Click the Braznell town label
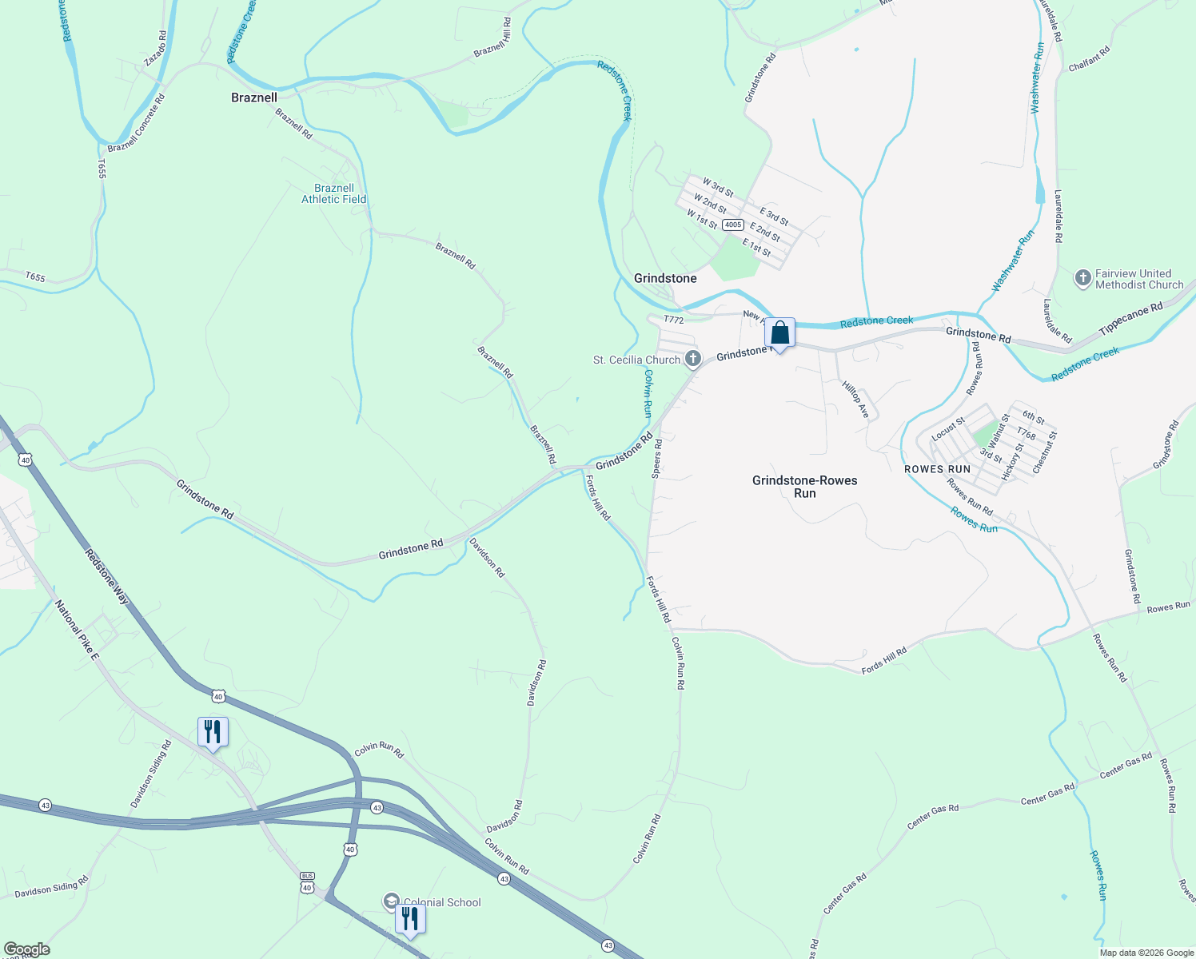(254, 97)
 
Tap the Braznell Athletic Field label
(333, 193)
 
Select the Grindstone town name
(665, 278)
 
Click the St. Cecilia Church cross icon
(692, 359)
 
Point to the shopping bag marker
(779, 332)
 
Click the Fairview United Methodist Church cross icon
(1082, 278)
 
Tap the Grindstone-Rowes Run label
(804, 487)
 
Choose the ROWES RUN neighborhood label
(937, 469)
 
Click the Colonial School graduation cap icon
(391, 901)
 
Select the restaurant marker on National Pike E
(213, 732)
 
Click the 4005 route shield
(733, 225)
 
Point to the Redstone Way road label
(107, 576)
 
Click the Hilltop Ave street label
(855, 399)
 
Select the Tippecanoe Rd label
(1130, 320)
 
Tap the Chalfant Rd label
(1089, 59)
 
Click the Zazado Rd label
(155, 49)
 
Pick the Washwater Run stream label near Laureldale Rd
(1038, 78)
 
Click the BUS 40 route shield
(307, 882)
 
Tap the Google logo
(27, 949)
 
